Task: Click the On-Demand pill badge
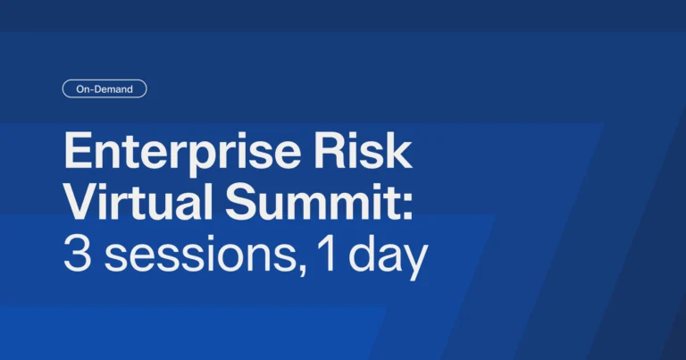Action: (x=105, y=88)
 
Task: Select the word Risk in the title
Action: (x=364, y=150)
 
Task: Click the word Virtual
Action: (x=138, y=201)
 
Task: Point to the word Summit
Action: (x=311, y=201)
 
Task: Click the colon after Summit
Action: (x=407, y=206)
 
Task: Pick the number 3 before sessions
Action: (x=78, y=254)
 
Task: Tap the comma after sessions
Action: (x=301, y=267)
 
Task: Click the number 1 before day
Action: (x=327, y=254)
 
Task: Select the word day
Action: (x=388, y=257)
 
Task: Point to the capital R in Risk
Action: (x=330, y=150)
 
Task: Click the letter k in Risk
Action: (x=398, y=150)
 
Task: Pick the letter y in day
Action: (x=413, y=263)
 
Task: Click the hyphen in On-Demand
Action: (x=91, y=89)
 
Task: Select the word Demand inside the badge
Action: (x=113, y=88)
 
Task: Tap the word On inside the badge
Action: (x=83, y=89)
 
